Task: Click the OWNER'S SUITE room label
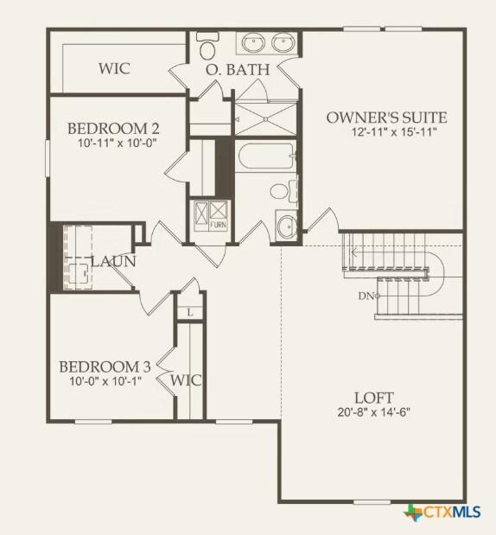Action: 386,117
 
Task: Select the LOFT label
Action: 374,398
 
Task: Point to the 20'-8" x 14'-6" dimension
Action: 374,412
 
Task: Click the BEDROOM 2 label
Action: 113,129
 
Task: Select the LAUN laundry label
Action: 113,260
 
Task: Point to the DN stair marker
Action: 367,296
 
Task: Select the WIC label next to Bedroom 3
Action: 186,379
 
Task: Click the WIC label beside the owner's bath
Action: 114,67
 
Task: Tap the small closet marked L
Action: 189,312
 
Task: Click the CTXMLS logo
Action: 442,512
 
